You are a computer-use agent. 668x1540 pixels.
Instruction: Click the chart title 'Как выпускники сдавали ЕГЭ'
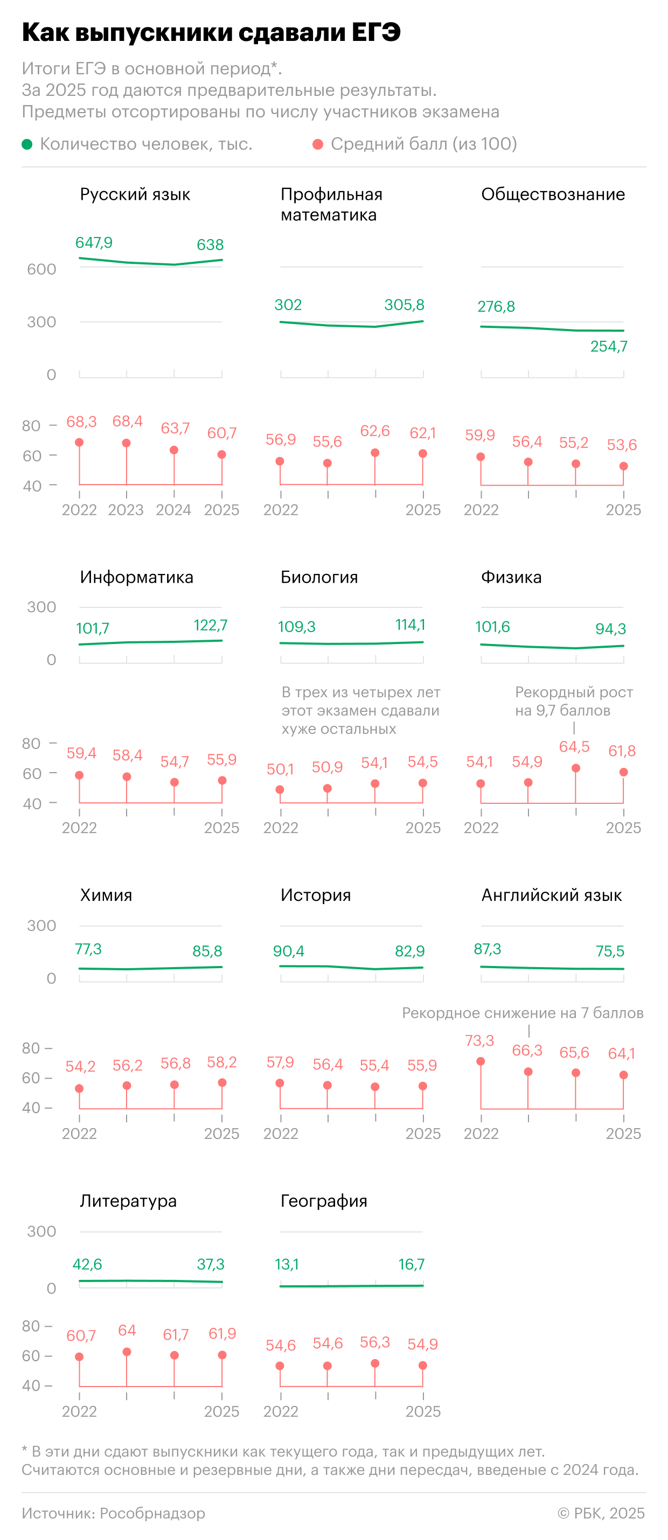tap(211, 32)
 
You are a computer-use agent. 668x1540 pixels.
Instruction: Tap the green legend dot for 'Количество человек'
tap(27, 144)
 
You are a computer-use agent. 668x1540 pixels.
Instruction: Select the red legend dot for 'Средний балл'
tap(318, 144)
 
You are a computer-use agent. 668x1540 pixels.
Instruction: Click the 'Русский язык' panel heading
tap(135, 194)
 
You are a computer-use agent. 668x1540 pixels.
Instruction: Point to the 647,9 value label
tap(94, 242)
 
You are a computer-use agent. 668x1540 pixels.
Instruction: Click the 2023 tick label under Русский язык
tap(126, 510)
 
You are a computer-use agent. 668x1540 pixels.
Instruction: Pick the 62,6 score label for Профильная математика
tap(375, 431)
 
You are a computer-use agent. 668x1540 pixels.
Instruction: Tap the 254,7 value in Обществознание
tap(609, 346)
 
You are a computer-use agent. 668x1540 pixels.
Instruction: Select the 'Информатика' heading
tap(137, 577)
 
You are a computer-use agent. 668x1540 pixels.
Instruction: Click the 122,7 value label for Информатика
tap(211, 625)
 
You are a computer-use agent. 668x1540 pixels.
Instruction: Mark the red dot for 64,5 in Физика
tap(576, 768)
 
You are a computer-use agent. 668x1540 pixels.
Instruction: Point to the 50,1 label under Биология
tap(280, 769)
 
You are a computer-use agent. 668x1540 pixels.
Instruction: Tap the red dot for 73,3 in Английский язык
tap(481, 1061)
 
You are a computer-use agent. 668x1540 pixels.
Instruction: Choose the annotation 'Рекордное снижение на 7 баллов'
tap(523, 1013)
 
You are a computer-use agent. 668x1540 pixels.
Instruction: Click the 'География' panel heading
tap(324, 1201)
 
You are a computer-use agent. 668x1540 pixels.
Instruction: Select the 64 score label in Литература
tap(127, 1330)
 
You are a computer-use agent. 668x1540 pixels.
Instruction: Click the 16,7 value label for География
tap(412, 1264)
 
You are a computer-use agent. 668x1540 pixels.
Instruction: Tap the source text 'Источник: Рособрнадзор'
tap(114, 1513)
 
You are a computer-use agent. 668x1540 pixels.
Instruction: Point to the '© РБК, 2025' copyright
tap(601, 1513)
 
